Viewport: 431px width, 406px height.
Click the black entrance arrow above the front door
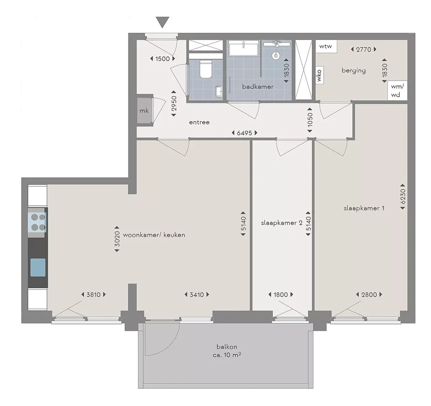click(162, 22)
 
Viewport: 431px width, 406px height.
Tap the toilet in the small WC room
click(205, 69)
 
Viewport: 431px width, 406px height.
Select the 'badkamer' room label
click(258, 87)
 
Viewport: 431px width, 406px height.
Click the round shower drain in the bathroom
click(275, 56)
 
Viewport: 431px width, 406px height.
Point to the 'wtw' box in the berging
click(325, 46)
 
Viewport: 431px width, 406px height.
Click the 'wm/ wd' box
click(397, 90)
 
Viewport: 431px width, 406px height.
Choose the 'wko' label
click(319, 75)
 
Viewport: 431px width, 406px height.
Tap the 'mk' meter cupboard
click(144, 111)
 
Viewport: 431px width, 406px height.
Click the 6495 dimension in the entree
click(245, 133)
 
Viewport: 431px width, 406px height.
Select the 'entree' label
click(199, 122)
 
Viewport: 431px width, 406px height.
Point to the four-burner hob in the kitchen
click(38, 223)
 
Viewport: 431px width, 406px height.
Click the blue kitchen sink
click(38, 267)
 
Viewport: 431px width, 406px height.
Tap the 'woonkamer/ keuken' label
click(154, 235)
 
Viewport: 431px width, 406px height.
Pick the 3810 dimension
click(93, 295)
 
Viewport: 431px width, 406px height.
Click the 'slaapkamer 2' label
click(282, 223)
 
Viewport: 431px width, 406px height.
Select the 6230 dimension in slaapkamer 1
click(403, 196)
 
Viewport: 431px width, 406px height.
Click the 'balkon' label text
click(227, 347)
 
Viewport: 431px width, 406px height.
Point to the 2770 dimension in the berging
click(364, 50)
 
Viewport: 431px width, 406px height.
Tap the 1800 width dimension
click(281, 295)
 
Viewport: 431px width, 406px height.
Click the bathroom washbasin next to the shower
click(244, 48)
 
